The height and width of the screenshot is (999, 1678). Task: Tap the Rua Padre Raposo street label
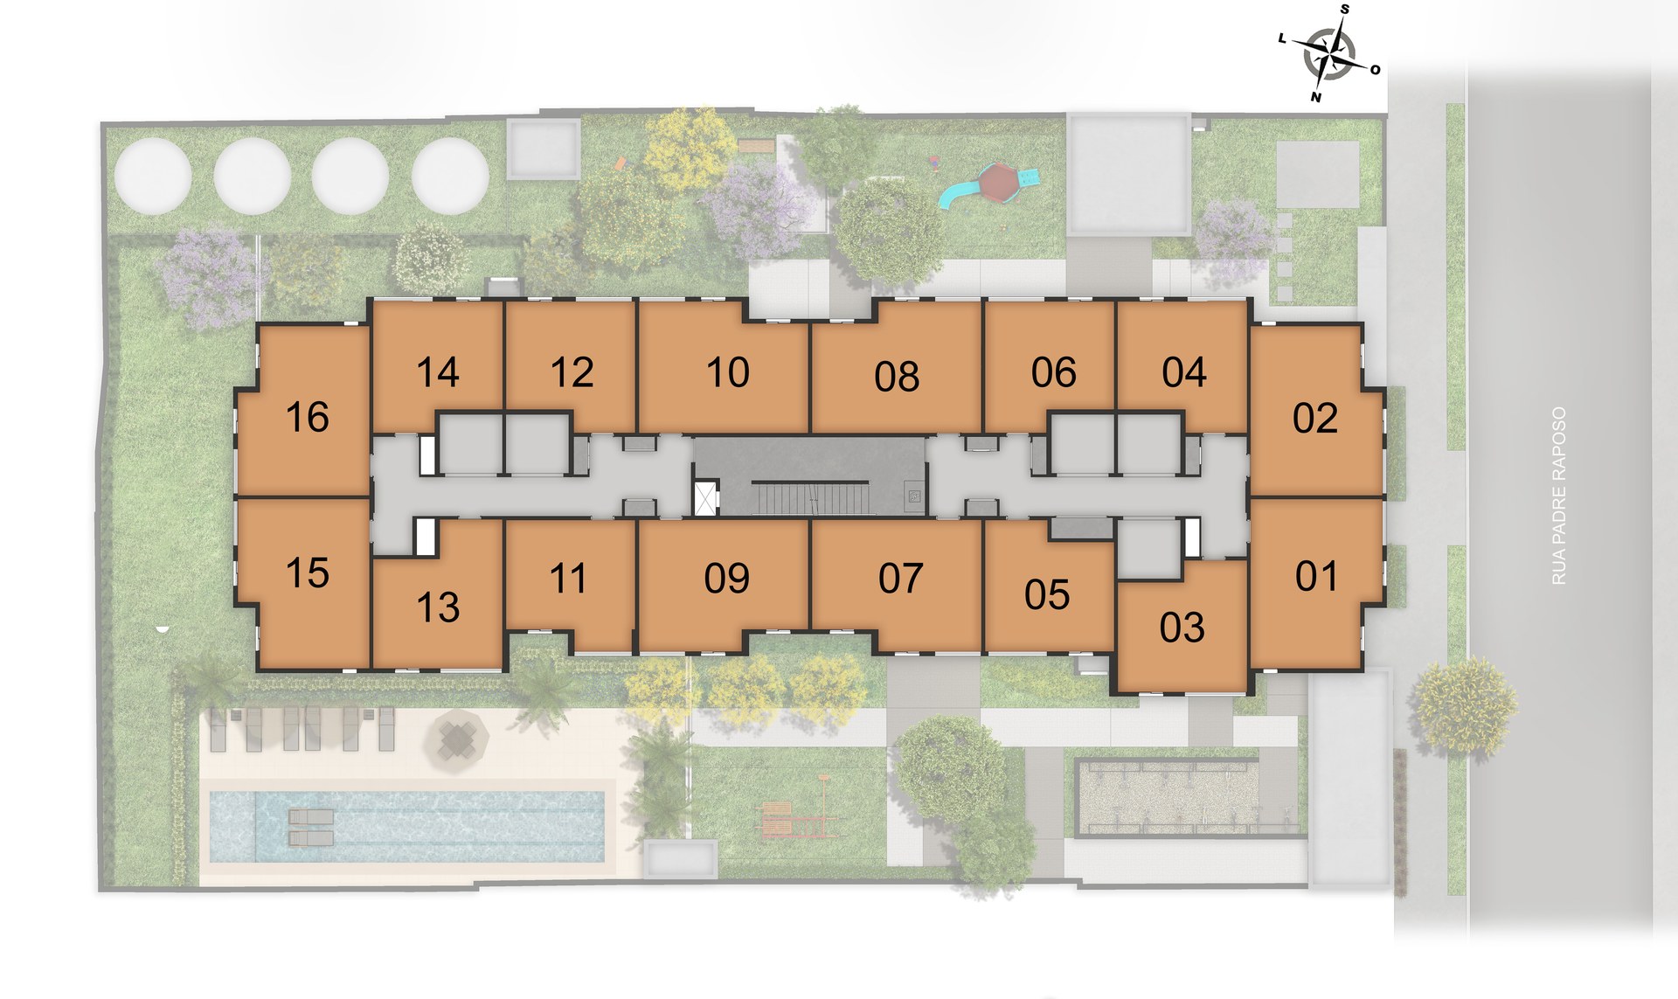coord(1558,496)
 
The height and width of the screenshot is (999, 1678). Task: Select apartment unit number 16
coord(308,417)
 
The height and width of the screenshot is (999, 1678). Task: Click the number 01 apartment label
coord(1316,576)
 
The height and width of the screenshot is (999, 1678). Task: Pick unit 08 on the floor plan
coord(897,376)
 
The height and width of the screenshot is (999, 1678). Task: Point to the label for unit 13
coord(438,607)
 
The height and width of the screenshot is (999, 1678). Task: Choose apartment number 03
coord(1182,628)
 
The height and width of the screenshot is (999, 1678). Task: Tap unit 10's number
coord(728,372)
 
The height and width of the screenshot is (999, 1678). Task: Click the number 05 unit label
coord(1047,595)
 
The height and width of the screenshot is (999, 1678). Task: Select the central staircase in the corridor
coord(812,498)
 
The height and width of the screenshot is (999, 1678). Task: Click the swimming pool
coord(407,826)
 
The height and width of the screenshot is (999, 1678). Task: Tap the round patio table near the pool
coord(456,739)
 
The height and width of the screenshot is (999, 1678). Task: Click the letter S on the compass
coord(1345,10)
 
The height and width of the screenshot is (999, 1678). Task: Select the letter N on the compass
coord(1315,97)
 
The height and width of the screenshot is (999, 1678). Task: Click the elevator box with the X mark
coord(704,498)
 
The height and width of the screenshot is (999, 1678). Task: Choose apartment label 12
coord(572,372)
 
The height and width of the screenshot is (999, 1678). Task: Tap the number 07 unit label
coord(901,579)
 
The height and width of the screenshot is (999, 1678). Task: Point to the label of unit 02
coord(1315,419)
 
